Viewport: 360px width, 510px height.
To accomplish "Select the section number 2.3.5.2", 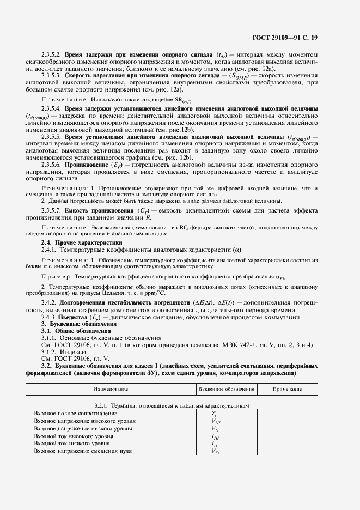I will (52, 55).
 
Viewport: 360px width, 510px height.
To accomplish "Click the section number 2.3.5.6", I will (52, 163).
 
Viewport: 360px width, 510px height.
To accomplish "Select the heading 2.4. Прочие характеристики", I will (82, 242).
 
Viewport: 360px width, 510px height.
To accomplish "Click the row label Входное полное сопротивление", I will (75, 414).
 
